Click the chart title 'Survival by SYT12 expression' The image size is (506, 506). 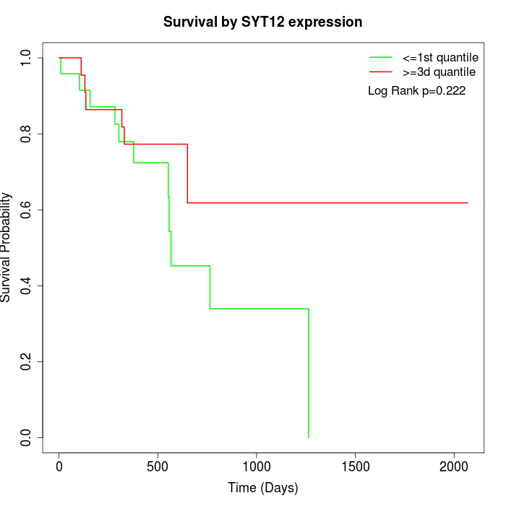pyautogui.click(x=262, y=22)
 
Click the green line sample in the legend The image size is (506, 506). pyautogui.click(x=381, y=57)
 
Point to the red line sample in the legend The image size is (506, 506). pyautogui.click(x=381, y=72)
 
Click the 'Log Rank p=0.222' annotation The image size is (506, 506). pyautogui.click(x=416, y=91)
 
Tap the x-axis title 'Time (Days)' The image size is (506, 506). pyautogui.click(x=262, y=488)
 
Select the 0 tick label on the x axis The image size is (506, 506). pyautogui.click(x=59, y=467)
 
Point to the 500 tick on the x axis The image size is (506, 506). pyautogui.click(x=158, y=467)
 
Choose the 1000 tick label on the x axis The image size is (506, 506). pyautogui.click(x=257, y=467)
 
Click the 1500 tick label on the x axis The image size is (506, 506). pyautogui.click(x=355, y=467)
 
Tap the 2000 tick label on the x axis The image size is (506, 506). pyautogui.click(x=454, y=467)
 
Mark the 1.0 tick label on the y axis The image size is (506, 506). pyautogui.click(x=26, y=58)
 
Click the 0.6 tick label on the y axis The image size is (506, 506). pyautogui.click(x=26, y=210)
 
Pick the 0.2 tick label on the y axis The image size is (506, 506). pyautogui.click(x=26, y=361)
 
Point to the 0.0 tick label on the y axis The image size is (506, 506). pyautogui.click(x=26, y=437)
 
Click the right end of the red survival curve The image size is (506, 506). pyautogui.click(x=468, y=202)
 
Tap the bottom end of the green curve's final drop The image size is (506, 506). pyautogui.click(x=309, y=437)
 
